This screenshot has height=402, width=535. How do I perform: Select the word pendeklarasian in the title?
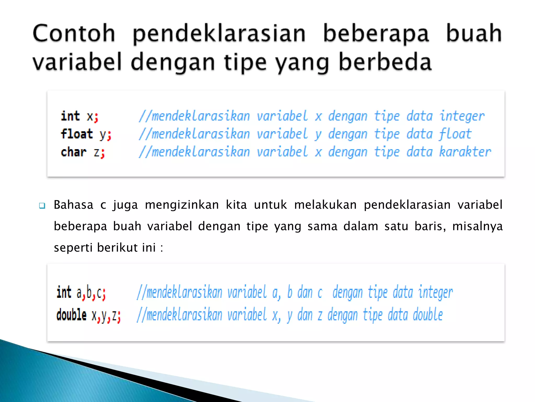(x=219, y=34)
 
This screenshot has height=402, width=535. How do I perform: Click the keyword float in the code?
(x=77, y=134)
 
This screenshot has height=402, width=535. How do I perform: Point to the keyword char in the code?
(x=73, y=152)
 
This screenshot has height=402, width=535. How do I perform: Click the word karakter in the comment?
(x=465, y=152)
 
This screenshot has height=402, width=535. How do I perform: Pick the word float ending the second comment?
(x=455, y=134)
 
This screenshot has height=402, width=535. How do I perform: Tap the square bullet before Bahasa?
(x=42, y=206)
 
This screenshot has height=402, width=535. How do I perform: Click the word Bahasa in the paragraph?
(x=73, y=205)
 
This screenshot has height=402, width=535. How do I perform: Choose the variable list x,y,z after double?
(x=106, y=316)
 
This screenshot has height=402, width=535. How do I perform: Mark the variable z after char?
(x=97, y=153)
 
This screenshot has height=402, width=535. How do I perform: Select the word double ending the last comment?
(x=428, y=315)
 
